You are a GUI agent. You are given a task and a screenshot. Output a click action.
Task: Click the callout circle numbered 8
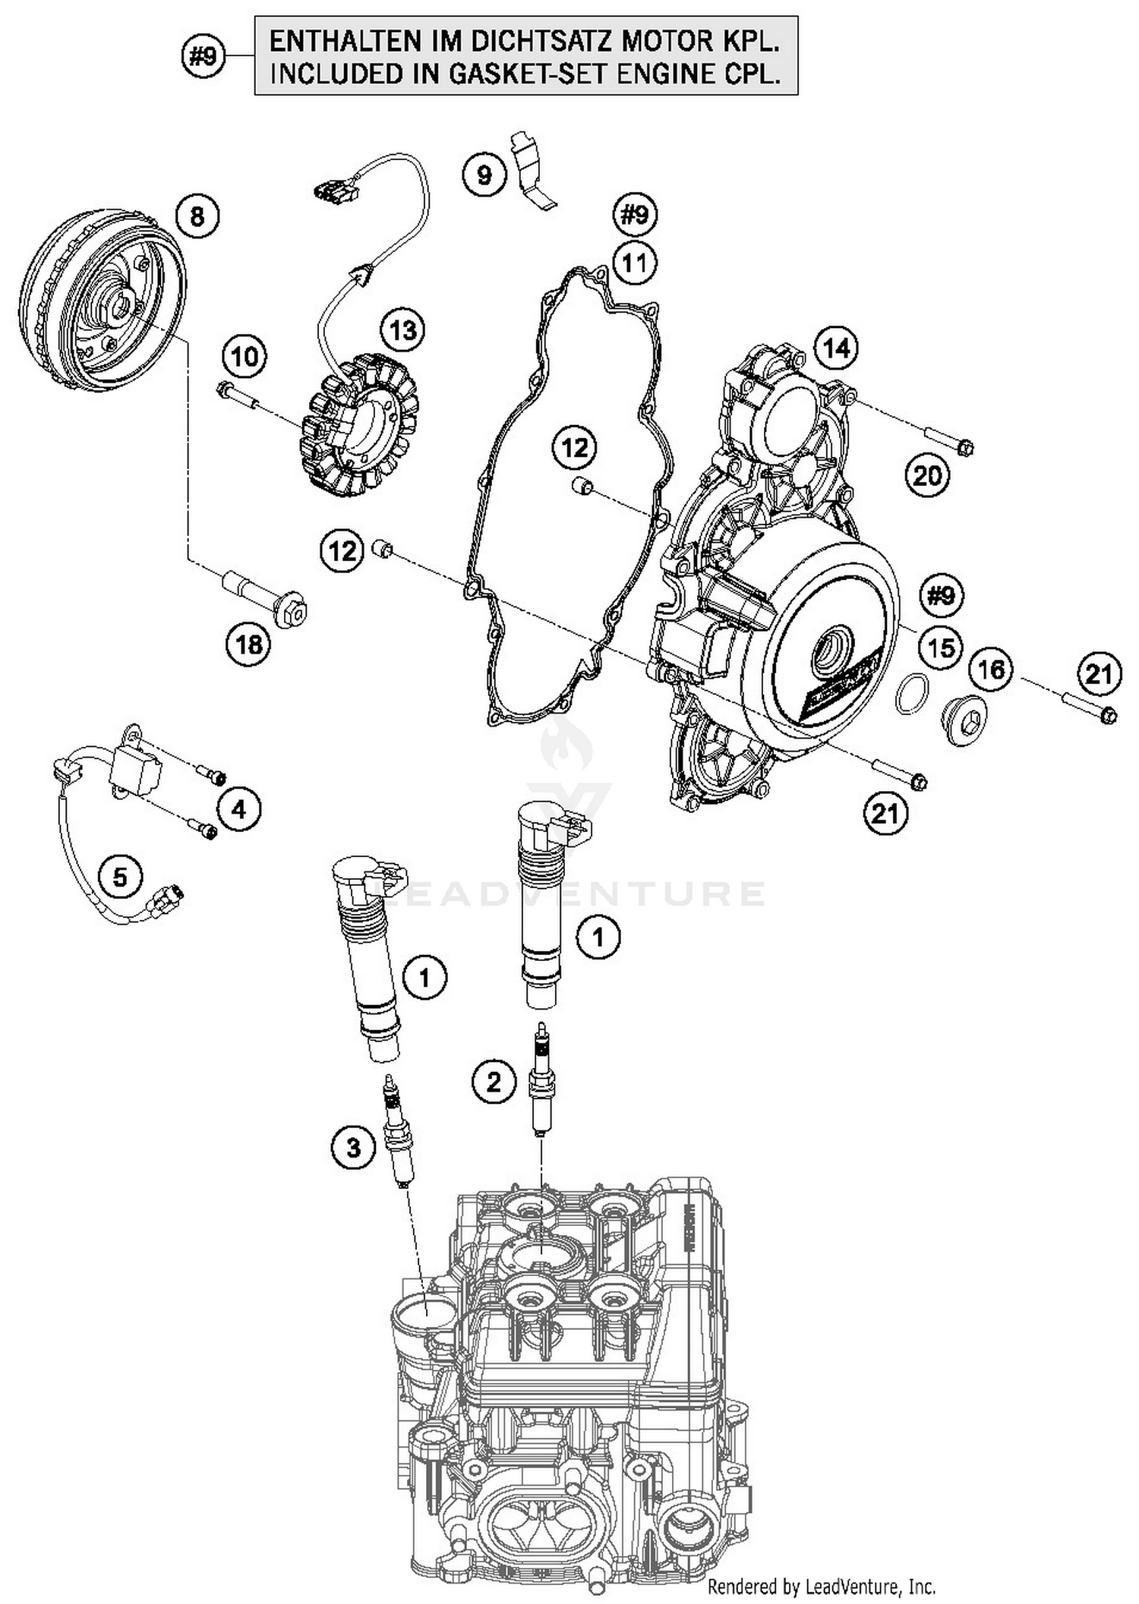[x=197, y=217]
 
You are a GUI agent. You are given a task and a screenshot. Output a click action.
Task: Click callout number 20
[x=927, y=476]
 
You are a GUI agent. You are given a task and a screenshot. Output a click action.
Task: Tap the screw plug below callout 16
[x=964, y=721]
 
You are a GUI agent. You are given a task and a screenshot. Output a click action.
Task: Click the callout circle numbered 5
[x=121, y=877]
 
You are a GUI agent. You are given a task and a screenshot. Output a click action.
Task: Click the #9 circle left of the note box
[x=204, y=56]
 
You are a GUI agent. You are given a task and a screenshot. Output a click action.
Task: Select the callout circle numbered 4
[x=239, y=809]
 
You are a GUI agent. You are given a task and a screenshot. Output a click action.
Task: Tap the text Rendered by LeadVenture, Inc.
[x=821, y=1586]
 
